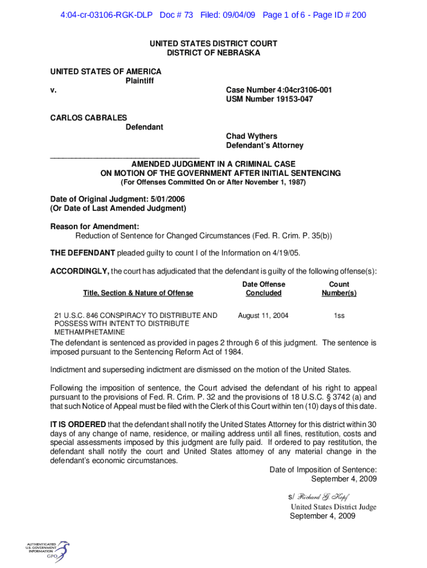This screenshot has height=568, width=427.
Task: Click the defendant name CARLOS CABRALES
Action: point(89,118)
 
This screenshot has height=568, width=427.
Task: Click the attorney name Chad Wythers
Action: point(251,136)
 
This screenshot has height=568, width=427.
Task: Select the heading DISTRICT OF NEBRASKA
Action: point(213,53)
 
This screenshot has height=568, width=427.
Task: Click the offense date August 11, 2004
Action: point(263,316)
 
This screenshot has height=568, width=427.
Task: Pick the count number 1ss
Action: point(339,316)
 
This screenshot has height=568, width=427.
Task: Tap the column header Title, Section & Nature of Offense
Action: point(138,293)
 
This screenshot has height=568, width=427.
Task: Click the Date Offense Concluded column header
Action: point(264,288)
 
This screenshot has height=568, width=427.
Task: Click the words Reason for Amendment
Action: point(95,226)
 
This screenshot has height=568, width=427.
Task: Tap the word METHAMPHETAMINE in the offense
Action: point(89,332)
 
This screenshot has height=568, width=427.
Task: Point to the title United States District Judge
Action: point(333,507)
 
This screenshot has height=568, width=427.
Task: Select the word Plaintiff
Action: point(139,81)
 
